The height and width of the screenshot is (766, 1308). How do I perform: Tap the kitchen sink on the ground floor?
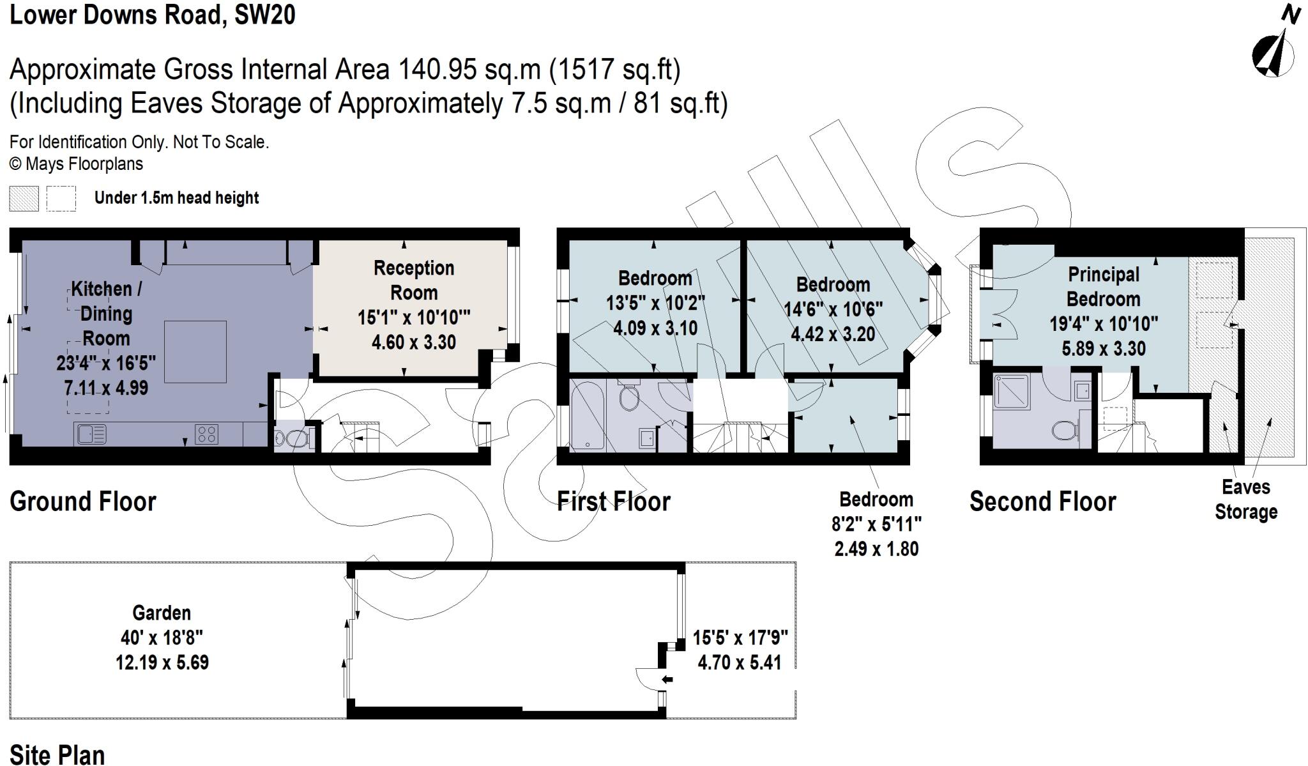91,434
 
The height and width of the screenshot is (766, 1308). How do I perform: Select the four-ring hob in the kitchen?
206,434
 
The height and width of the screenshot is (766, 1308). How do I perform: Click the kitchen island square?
195,351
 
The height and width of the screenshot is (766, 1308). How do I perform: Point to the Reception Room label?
414,280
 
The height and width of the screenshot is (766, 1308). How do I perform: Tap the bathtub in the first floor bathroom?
587,415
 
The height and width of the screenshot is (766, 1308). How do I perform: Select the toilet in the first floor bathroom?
630,397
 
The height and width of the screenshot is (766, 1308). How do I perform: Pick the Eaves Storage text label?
1245,499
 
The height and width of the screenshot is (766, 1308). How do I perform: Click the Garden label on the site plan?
162,613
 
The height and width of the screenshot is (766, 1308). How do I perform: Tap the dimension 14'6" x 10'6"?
833,309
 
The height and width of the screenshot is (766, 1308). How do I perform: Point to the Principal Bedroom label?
1103,286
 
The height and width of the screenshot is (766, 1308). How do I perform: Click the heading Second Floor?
1042,502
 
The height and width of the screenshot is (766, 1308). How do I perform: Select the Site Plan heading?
57,754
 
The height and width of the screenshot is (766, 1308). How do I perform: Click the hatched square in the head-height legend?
24,198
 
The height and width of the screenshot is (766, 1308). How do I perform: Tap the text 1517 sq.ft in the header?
615,69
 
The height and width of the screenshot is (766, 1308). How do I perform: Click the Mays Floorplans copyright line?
76,164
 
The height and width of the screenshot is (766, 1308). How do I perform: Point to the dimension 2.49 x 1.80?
876,548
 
